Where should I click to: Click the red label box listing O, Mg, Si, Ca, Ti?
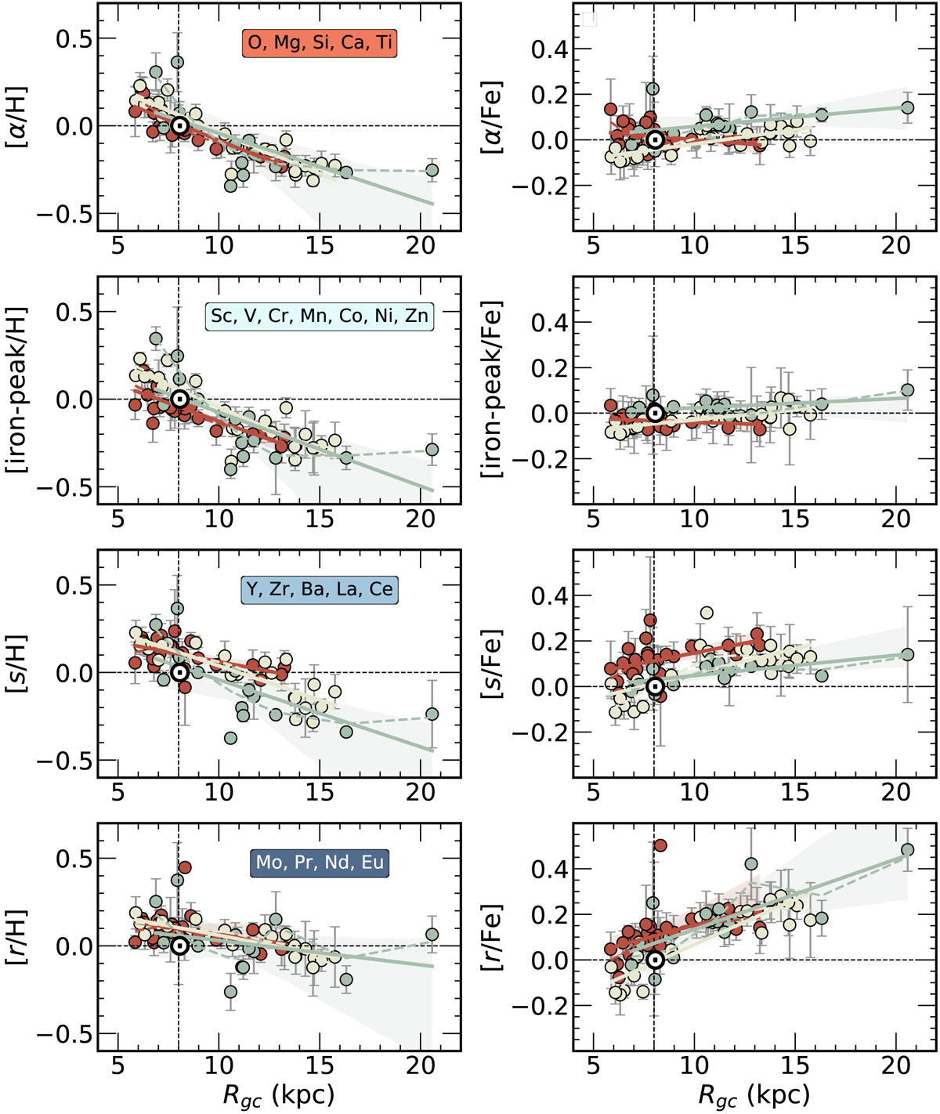pyautogui.click(x=320, y=42)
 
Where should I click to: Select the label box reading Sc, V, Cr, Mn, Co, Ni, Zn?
pyautogui.click(x=320, y=316)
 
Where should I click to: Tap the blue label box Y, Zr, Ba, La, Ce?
pyautogui.click(x=320, y=588)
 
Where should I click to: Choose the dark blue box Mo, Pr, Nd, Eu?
pyautogui.click(x=320, y=863)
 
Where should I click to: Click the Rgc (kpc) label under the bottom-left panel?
pyautogui.click(x=278, y=1094)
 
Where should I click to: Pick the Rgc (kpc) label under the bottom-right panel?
pyautogui.click(x=754, y=1094)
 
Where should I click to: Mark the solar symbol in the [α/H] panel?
pyautogui.click(x=179, y=125)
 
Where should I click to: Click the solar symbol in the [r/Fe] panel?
pyautogui.click(x=655, y=960)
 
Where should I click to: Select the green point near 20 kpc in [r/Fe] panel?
pyautogui.click(x=907, y=850)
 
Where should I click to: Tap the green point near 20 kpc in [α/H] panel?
pyautogui.click(x=432, y=170)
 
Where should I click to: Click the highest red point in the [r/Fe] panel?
pyautogui.click(x=660, y=845)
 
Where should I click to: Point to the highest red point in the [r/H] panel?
pyautogui.click(x=185, y=867)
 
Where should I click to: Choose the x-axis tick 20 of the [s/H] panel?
pyautogui.click(x=421, y=792)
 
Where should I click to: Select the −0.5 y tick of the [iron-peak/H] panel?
pyautogui.click(x=72, y=487)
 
